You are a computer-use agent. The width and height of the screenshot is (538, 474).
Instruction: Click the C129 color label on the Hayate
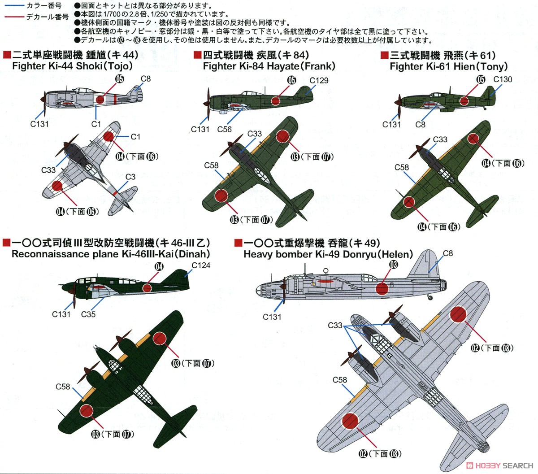point(319,81)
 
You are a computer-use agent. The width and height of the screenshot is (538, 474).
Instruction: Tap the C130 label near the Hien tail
point(503,79)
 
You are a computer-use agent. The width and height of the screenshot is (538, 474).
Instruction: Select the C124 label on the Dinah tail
point(201,265)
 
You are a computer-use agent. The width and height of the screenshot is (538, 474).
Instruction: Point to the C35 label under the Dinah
point(88,314)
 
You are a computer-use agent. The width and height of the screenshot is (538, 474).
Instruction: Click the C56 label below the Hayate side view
point(224,129)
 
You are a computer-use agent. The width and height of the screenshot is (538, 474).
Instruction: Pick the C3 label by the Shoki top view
point(130,177)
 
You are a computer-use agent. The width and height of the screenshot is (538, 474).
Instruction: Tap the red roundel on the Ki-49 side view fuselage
point(382,288)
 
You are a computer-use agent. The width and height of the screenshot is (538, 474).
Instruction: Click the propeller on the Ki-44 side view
point(43,99)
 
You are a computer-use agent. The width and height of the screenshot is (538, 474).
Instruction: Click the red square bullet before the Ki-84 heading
point(196,55)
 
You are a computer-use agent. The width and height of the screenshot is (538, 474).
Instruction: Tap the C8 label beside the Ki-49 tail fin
point(448,253)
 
